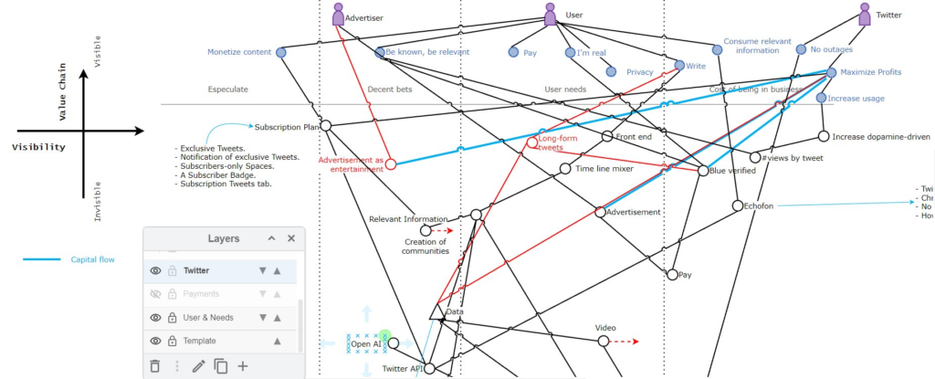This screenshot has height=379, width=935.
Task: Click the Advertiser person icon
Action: (339, 15)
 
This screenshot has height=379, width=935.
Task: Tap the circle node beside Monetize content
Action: (282, 53)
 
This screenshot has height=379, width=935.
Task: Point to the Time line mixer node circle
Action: (565, 169)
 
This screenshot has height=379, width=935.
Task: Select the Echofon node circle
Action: (738, 205)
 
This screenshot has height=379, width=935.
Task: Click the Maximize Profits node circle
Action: (832, 72)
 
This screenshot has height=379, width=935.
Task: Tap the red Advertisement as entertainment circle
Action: (391, 165)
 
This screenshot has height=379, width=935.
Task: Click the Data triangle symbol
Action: (436, 312)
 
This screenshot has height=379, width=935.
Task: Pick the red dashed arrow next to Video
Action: (625, 342)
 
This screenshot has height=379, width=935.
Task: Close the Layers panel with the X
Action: (291, 238)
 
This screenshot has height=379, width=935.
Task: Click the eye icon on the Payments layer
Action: (156, 294)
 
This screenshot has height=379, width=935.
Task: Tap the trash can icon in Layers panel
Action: (154, 366)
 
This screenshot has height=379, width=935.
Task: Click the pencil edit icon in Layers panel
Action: (198, 366)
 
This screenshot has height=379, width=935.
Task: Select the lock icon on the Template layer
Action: (173, 341)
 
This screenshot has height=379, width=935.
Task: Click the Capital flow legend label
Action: (93, 260)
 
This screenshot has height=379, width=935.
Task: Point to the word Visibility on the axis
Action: (38, 146)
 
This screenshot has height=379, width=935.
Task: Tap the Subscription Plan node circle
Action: (325, 127)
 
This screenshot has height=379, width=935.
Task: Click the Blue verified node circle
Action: (702, 171)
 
